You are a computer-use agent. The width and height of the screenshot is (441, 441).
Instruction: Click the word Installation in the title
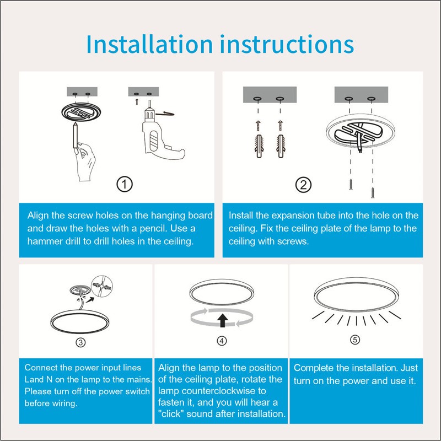[149, 44]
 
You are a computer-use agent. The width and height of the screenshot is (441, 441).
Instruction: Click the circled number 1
[125, 184]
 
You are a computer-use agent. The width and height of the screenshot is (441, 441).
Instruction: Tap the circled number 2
[303, 185]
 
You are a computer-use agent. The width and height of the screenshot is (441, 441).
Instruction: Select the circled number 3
[80, 342]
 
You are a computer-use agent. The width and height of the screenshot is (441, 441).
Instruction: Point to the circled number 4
[222, 341]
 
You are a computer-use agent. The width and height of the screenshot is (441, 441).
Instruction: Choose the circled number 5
[355, 340]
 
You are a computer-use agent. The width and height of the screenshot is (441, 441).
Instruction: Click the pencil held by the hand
[75, 135]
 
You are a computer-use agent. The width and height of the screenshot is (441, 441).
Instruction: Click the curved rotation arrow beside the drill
[165, 114]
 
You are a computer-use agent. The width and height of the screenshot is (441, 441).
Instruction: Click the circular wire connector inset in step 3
[102, 286]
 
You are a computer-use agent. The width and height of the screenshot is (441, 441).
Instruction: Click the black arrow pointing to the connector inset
[90, 300]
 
